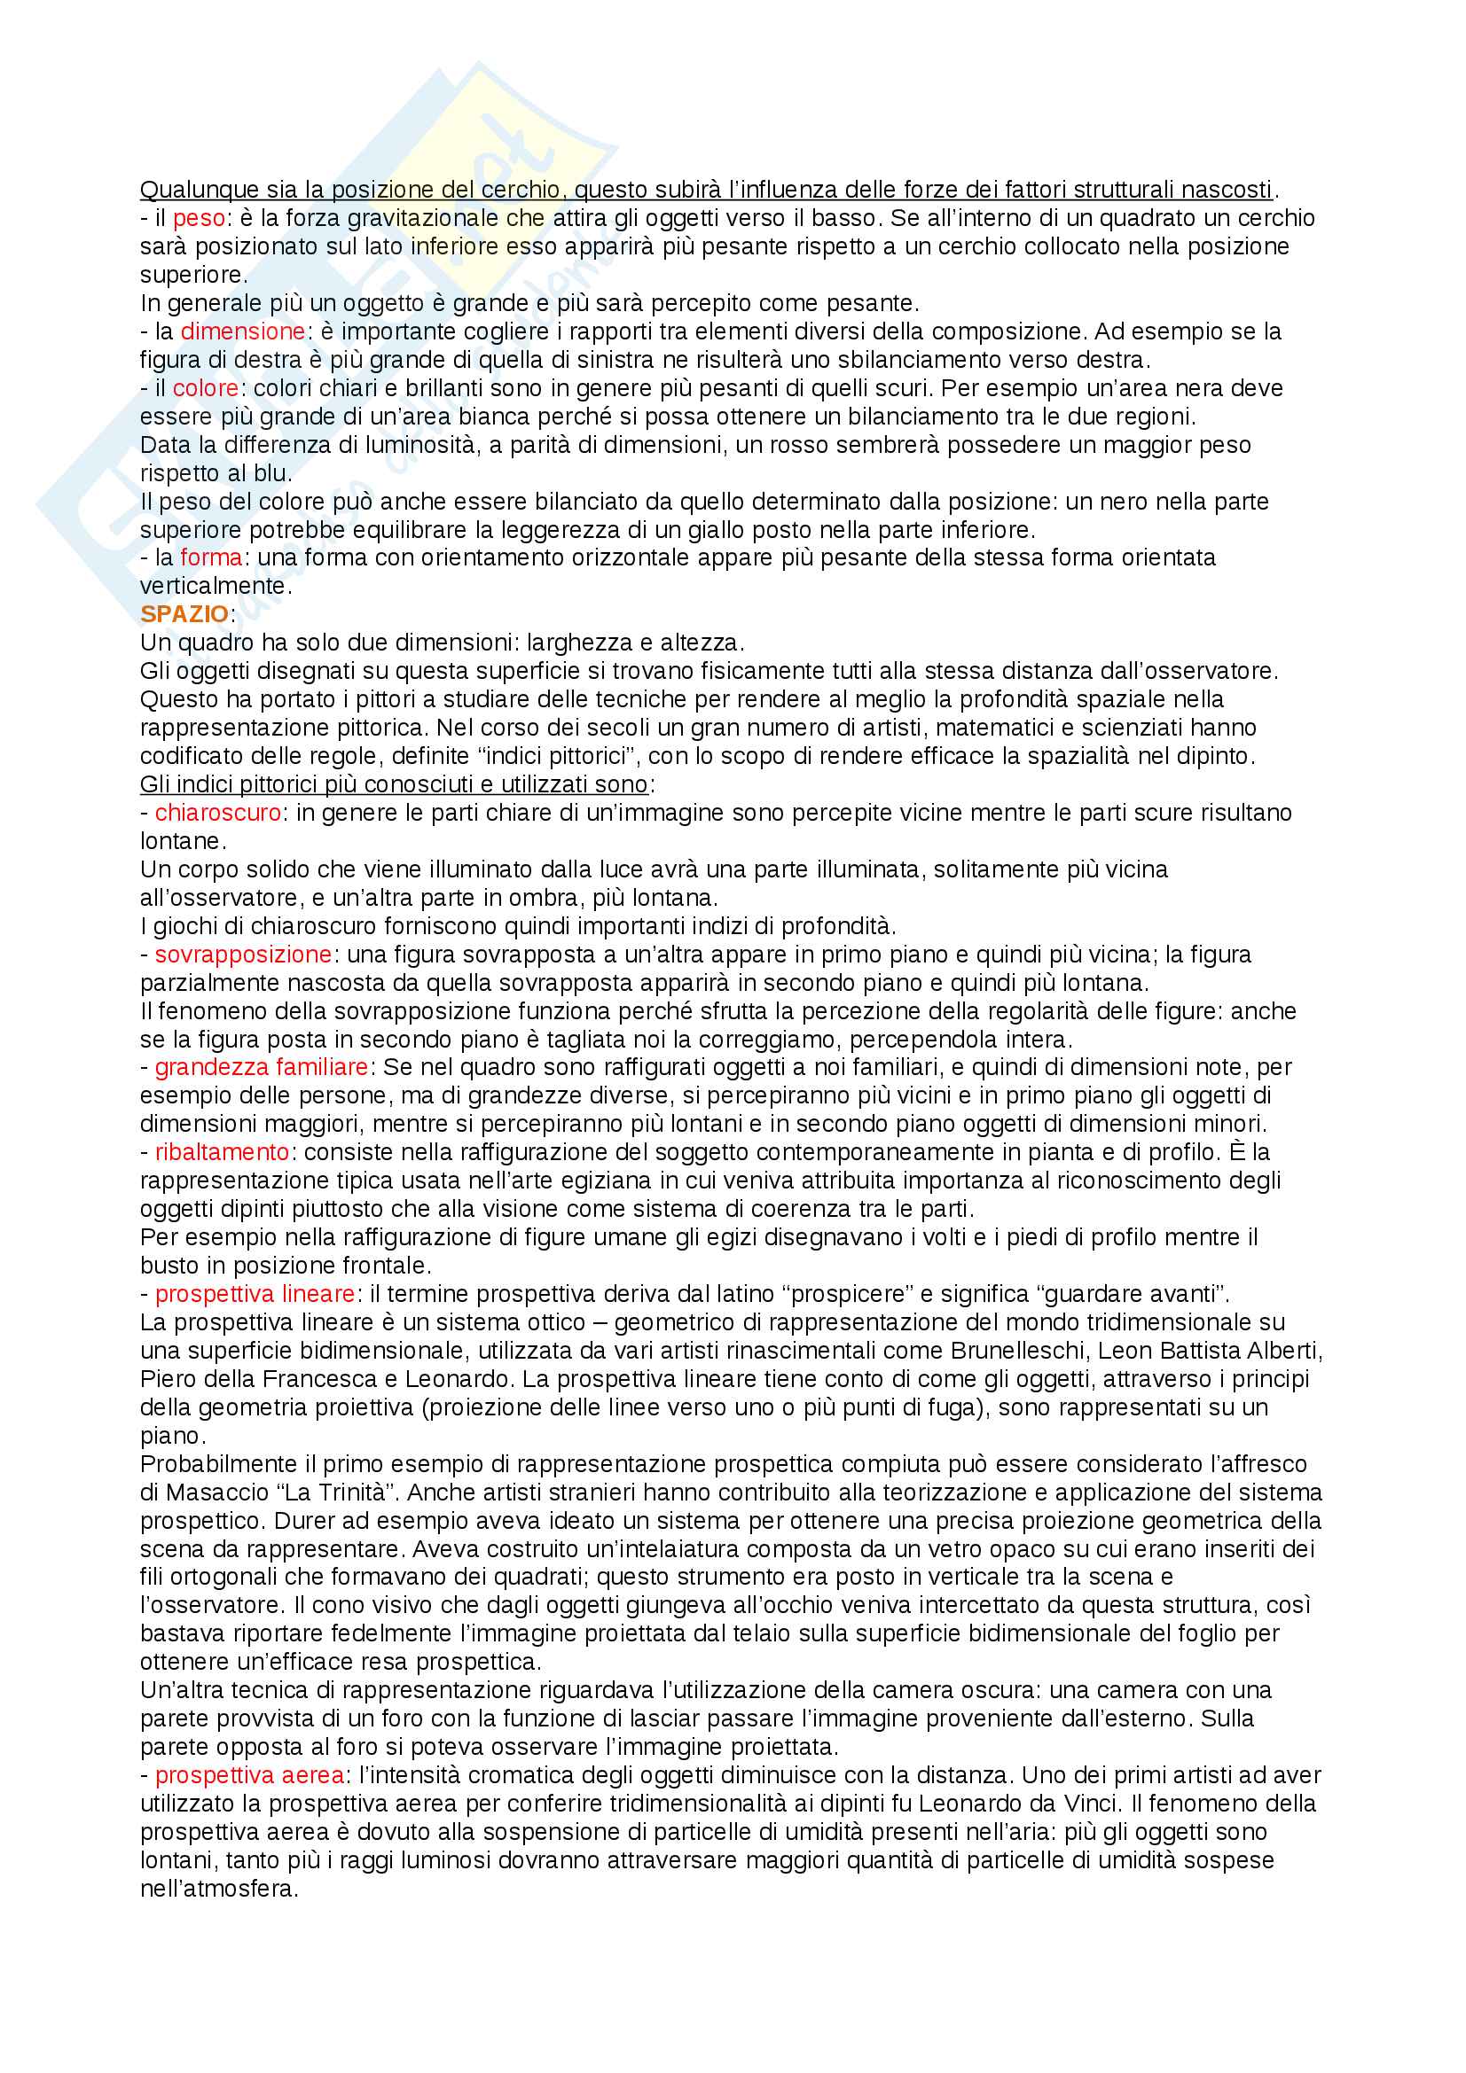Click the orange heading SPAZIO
tap(184, 614)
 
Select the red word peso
tap(199, 218)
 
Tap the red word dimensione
tap(242, 331)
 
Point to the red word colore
tap(205, 388)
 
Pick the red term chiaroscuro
tap(217, 813)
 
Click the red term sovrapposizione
tap(243, 955)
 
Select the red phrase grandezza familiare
tap(261, 1067)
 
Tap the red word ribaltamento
tap(222, 1152)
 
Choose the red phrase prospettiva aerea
tap(249, 1775)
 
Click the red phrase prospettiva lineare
tap(255, 1294)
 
